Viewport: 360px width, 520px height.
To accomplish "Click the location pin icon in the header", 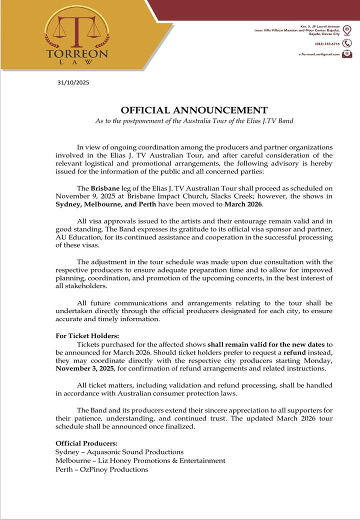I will (347, 29).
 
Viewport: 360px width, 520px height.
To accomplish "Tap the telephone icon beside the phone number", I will (347, 43).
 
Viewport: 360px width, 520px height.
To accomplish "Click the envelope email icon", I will (347, 54).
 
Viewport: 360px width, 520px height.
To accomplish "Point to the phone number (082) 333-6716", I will (327, 44).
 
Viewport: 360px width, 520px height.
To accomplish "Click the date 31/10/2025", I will (73, 83).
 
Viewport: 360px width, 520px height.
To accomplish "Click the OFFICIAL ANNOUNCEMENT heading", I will (194, 110).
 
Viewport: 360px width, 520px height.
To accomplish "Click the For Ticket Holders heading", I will (87, 336).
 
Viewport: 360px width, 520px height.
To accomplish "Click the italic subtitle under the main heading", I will (194, 121).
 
